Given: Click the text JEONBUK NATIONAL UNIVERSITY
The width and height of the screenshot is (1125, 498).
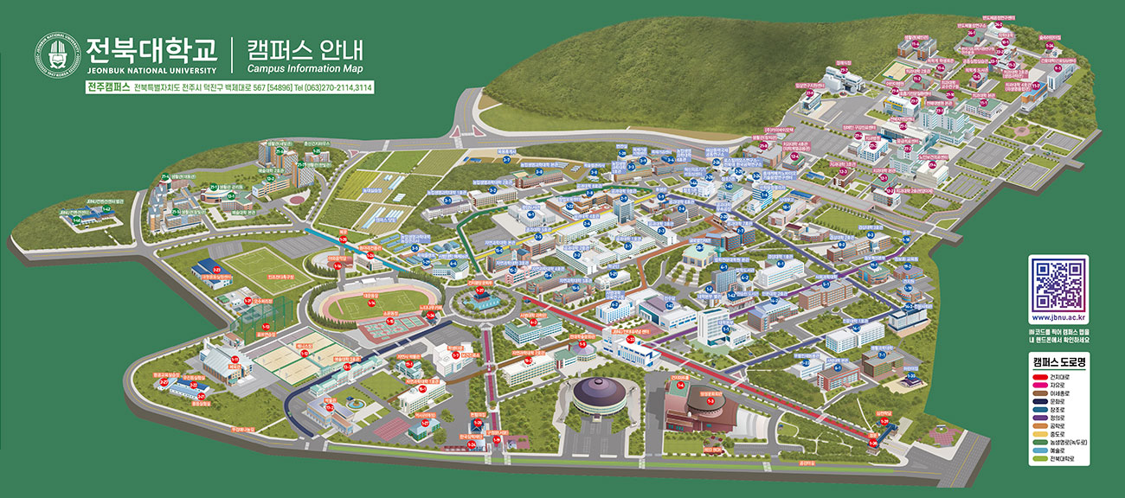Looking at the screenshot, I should point(150,70).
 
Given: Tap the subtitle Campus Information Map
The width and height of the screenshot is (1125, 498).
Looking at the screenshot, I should point(305,69).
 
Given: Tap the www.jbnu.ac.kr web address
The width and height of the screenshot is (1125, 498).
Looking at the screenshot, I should point(1058,321).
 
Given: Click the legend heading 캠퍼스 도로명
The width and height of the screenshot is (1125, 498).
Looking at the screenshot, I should point(1058,361).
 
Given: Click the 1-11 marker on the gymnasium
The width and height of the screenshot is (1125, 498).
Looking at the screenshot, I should point(235,357).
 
